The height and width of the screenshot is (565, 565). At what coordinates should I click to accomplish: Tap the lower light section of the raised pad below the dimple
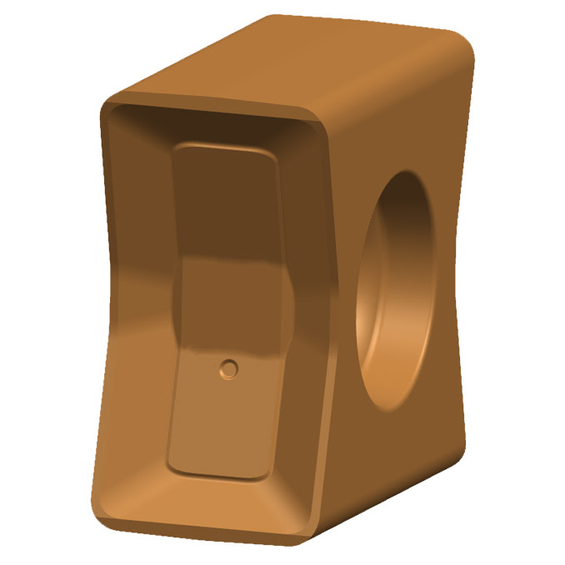[x=221, y=425]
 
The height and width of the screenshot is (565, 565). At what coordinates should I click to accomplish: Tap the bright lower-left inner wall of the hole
[x=375, y=350]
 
